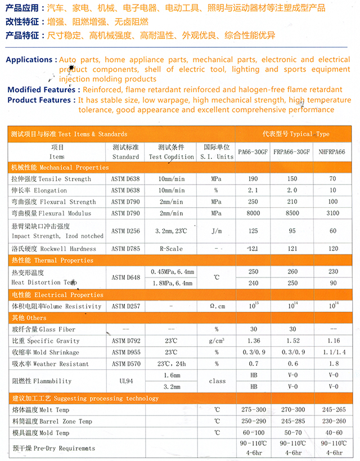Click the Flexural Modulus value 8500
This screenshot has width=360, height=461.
[x=292, y=213]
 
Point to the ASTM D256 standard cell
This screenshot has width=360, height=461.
[x=125, y=231]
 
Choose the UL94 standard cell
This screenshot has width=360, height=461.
[x=125, y=381]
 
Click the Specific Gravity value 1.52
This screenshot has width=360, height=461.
[x=292, y=341]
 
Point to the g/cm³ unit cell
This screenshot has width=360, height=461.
[x=217, y=341]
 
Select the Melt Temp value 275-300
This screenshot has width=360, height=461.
[x=253, y=409]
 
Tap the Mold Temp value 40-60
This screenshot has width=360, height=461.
[x=332, y=432]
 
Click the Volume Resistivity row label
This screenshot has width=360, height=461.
[x=57, y=306]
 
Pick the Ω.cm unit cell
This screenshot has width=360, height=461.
[x=217, y=306]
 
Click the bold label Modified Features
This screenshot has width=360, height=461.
[x=41, y=89]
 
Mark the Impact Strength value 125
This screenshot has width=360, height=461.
[x=253, y=231]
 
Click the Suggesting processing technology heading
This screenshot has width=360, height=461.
[x=85, y=398]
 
